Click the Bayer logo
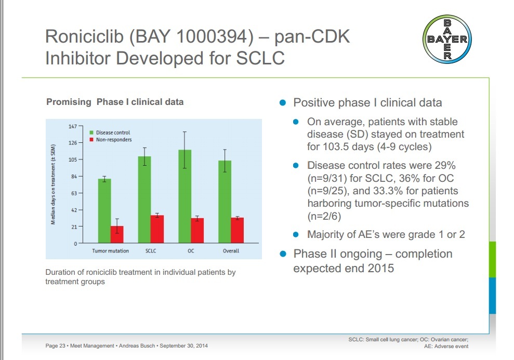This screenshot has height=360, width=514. click(x=447, y=39)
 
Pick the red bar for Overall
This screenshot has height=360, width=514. click(x=238, y=230)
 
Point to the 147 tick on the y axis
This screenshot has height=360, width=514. click(x=72, y=126)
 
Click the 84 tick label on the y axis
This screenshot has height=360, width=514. click(x=73, y=177)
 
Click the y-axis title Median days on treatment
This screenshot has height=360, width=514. click(x=54, y=185)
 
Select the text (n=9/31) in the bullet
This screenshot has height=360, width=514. click(x=327, y=178)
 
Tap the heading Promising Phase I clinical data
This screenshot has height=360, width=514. click(x=115, y=102)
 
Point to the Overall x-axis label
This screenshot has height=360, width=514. click(x=231, y=251)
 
